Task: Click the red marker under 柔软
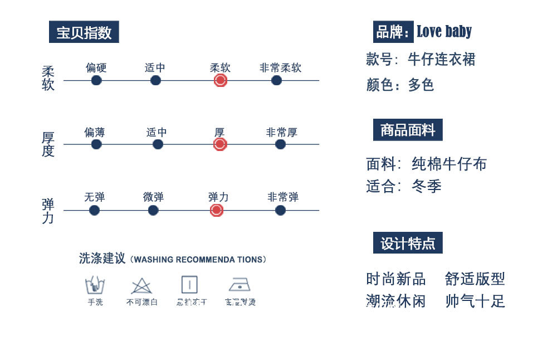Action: (220, 80)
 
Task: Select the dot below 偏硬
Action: (96, 80)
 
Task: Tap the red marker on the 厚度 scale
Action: (220, 144)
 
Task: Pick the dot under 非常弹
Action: (280, 210)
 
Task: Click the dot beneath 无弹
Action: (94, 210)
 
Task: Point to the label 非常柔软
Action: (280, 68)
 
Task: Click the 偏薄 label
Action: (95, 133)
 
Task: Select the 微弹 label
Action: (153, 197)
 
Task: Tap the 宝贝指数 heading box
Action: (84, 32)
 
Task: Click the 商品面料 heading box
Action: (408, 130)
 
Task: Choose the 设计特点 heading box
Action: (408, 243)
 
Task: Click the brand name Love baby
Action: (444, 32)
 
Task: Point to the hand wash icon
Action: (95, 285)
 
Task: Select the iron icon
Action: (240, 285)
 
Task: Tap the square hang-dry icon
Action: (189, 285)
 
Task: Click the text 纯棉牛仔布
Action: (449, 164)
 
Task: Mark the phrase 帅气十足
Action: (475, 301)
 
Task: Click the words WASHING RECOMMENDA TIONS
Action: (200, 260)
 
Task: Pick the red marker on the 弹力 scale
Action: (217, 210)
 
